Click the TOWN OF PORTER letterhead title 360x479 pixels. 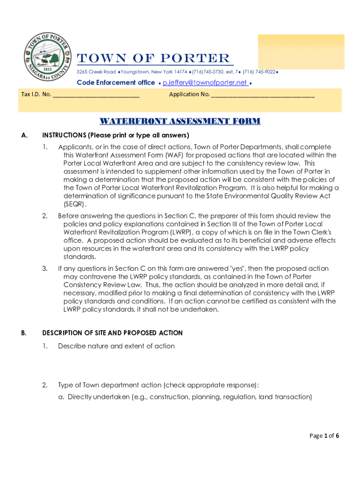(154, 58)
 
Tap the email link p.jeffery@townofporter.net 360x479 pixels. (205, 83)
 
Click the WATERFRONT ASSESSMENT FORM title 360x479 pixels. (180, 122)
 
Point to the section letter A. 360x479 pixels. (24, 136)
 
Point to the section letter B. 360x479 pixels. (24, 333)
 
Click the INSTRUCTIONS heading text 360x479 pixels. (115, 136)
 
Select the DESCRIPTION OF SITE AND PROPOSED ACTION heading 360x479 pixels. (112, 333)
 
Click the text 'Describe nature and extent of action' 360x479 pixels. (116, 346)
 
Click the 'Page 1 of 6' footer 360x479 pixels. (324, 436)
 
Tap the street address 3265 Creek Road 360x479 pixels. (96, 72)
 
